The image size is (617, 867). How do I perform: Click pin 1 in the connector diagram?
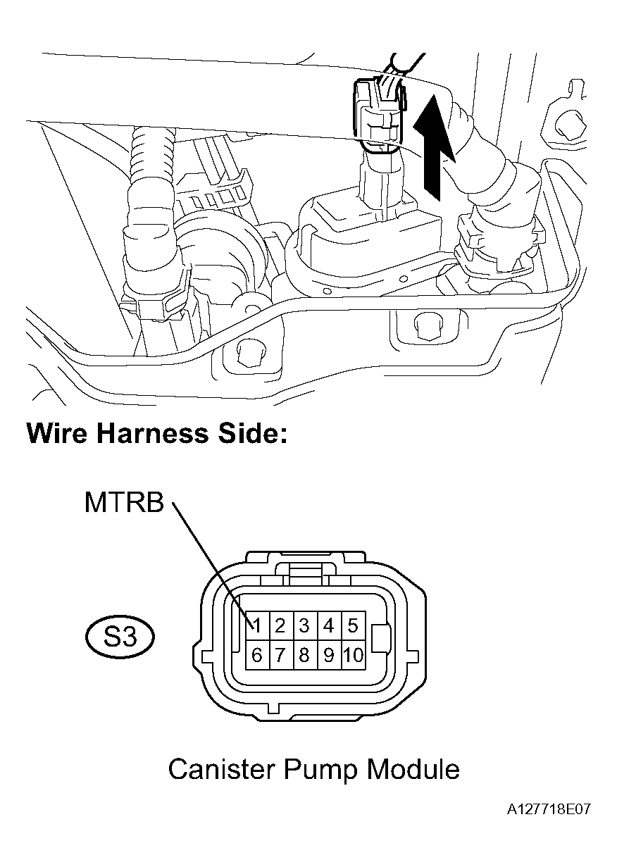(257, 625)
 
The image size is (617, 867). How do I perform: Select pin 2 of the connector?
(280, 625)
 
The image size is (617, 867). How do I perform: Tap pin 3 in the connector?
(304, 625)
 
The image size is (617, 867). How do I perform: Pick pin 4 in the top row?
(328, 625)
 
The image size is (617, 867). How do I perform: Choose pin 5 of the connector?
(352, 625)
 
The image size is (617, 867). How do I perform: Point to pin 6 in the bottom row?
(257, 656)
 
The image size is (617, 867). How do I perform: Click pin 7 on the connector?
(280, 656)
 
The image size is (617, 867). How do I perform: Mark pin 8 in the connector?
(304, 656)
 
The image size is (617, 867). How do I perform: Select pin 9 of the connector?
(328, 656)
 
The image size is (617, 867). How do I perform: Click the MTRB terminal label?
(124, 503)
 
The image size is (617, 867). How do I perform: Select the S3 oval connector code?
(120, 638)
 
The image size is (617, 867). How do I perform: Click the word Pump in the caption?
(320, 770)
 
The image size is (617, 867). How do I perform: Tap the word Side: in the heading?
(252, 432)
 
